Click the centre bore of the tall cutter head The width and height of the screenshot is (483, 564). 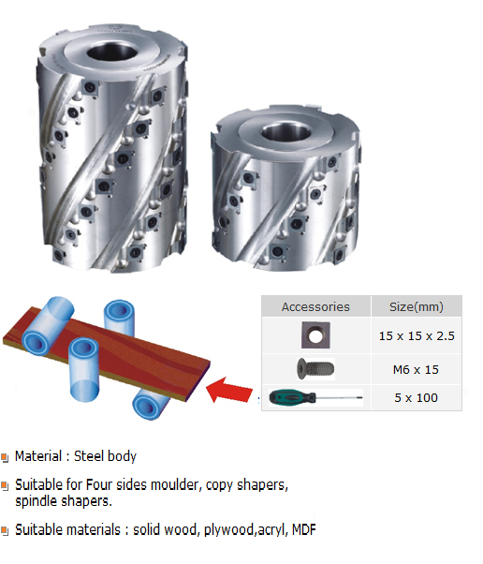[111, 53]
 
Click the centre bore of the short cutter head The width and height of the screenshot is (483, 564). [286, 133]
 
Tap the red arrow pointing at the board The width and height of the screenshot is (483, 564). [229, 390]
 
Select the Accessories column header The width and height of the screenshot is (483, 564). [315, 306]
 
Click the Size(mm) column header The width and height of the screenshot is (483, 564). [417, 306]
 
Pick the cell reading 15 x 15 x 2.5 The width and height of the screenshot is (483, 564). [417, 336]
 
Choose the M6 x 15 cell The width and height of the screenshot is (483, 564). [416, 370]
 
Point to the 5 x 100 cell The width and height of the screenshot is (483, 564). [416, 398]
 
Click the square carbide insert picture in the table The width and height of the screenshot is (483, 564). [315, 335]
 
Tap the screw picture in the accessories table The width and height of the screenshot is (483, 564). [315, 369]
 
